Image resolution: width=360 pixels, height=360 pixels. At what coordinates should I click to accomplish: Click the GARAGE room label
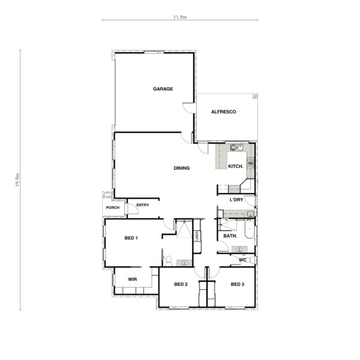tap(163, 89)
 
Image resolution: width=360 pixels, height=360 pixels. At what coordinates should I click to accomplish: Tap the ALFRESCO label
tap(223, 112)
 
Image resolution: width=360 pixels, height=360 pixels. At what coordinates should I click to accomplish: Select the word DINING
tap(182, 168)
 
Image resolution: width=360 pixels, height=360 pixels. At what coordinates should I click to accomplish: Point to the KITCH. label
tap(236, 166)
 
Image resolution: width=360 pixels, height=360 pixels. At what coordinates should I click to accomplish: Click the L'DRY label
tap(236, 200)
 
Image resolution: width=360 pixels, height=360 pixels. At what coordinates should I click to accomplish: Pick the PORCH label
tap(113, 208)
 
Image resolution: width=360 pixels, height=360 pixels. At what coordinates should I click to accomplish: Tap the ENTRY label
tap(143, 205)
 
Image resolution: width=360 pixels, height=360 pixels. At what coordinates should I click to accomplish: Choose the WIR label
tap(133, 280)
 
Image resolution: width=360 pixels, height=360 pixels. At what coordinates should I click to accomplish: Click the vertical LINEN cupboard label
tap(197, 236)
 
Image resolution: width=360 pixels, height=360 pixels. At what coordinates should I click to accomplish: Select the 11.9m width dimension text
tap(180, 17)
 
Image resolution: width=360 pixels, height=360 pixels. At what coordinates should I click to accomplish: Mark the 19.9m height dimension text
tap(17, 180)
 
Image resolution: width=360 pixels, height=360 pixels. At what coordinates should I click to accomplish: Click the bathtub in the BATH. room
tap(250, 229)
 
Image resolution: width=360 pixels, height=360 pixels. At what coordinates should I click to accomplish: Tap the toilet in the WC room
tap(251, 260)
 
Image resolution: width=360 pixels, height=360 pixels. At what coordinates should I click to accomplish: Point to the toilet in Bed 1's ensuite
tap(169, 261)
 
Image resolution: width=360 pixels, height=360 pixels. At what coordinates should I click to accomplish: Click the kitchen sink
tap(237, 147)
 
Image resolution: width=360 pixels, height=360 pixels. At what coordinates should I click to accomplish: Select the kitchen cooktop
tap(250, 163)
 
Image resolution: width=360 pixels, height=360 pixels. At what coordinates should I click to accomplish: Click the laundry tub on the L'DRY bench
tap(250, 214)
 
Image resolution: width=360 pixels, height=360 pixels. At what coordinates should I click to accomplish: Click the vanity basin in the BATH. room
tap(239, 250)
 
